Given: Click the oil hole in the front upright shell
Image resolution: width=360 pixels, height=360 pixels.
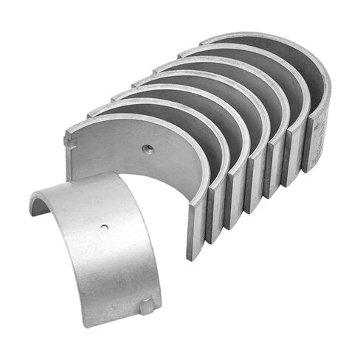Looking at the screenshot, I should click(x=148, y=150).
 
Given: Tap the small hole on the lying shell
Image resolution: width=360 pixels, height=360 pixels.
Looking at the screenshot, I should click(x=105, y=226).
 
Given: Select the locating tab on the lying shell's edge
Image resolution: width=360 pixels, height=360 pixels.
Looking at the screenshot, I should click(x=148, y=303).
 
